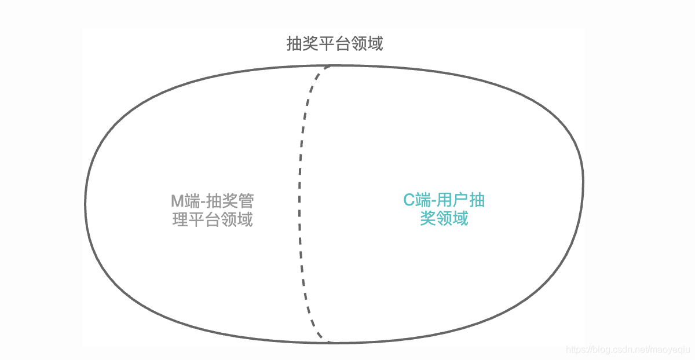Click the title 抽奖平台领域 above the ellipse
335,44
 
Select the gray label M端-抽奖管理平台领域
213,210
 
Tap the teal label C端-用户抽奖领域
444,210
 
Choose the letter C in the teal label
409,201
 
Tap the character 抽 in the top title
294,44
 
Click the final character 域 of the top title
375,44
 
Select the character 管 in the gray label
246,201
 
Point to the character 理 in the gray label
180,220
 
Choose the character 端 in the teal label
424,201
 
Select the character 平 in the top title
327,44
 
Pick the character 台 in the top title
343,44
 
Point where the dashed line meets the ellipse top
331,66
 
